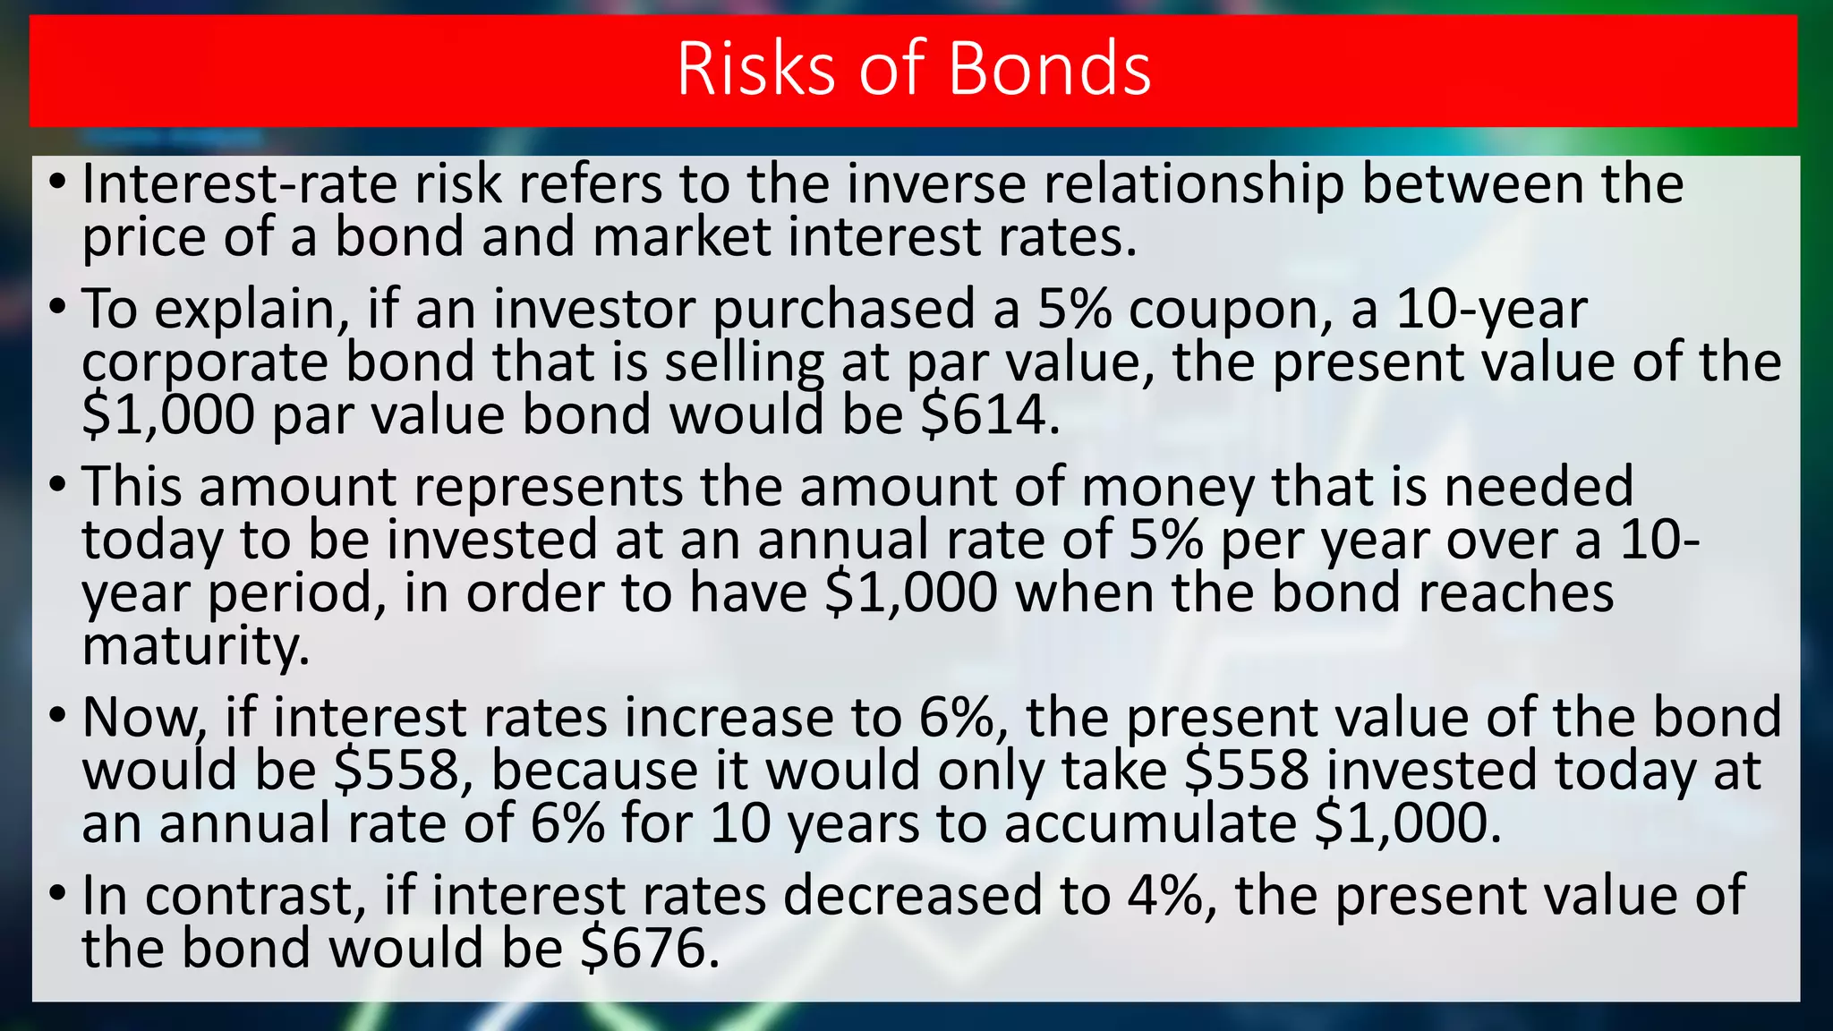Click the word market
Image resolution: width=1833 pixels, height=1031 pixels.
[x=681, y=237]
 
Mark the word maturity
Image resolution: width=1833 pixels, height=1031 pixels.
[x=195, y=646]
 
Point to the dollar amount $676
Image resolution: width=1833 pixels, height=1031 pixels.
[x=649, y=948]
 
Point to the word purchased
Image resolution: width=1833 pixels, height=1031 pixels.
[x=843, y=309]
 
